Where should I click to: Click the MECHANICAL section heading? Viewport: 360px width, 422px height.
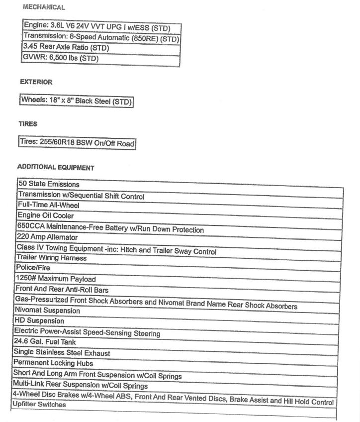[x=44, y=7]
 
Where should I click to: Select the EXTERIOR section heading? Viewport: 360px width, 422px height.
[x=36, y=82]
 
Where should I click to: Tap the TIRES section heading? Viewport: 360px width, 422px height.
[x=28, y=123]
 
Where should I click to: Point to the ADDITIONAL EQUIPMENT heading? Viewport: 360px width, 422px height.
[x=55, y=168]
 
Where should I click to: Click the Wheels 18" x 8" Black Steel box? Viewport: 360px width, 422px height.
[x=77, y=101]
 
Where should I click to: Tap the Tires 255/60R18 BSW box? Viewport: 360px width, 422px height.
[x=77, y=143]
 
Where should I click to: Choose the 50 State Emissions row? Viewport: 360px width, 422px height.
[x=49, y=184]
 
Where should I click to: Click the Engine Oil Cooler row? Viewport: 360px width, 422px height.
[x=46, y=216]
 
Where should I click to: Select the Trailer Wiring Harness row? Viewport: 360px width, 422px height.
[x=51, y=258]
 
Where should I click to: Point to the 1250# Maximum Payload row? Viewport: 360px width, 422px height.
[x=55, y=279]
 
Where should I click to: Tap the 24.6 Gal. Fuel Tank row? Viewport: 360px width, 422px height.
[x=48, y=342]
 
